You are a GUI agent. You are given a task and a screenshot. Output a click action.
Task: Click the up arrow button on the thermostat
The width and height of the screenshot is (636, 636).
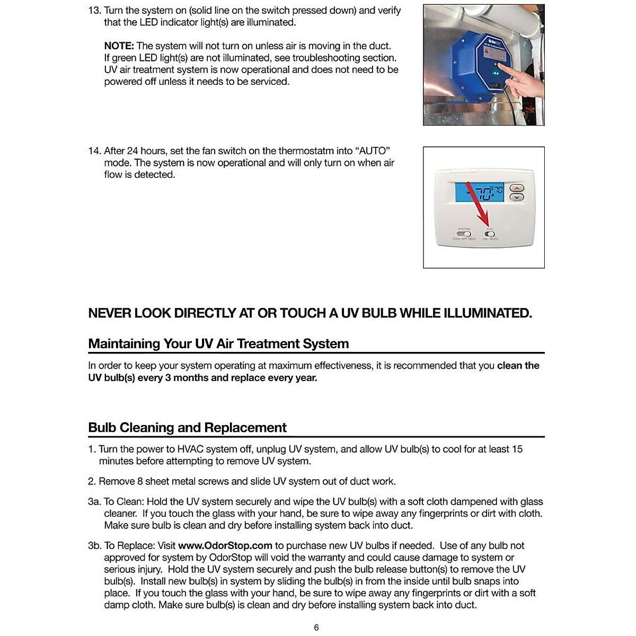tap(517, 188)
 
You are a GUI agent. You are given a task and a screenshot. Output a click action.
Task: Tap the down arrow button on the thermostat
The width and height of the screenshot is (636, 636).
tap(517, 197)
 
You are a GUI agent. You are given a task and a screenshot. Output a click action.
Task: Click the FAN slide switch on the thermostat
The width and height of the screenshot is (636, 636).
tap(490, 234)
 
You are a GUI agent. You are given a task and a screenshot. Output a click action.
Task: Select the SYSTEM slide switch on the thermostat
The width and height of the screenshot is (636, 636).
tap(464, 234)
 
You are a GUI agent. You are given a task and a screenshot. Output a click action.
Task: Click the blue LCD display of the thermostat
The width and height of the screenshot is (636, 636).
tap(479, 192)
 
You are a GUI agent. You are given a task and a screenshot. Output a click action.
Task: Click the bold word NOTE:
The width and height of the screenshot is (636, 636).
tap(119, 46)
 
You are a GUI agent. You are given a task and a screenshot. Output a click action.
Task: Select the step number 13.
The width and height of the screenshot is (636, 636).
tap(94, 11)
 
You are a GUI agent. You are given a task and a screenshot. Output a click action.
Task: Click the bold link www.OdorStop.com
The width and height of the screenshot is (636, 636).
tap(225, 546)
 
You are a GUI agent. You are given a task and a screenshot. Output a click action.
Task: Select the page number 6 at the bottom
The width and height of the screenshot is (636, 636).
tap(316, 628)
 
